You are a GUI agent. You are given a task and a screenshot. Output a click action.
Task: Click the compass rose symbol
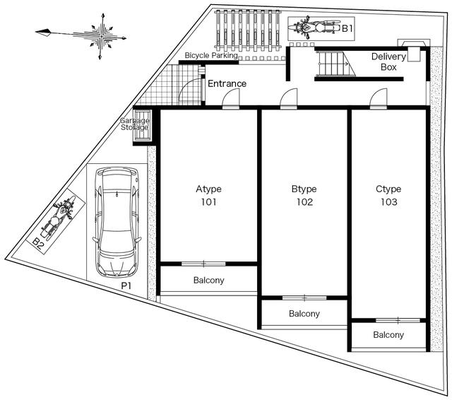[x=100, y=36]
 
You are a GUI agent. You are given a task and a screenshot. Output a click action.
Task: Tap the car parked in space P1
[x=117, y=222]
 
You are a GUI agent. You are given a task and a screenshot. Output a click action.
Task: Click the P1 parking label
[x=126, y=286]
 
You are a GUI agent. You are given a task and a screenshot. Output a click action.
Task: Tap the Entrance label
[x=227, y=83]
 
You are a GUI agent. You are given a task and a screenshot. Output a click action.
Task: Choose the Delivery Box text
[x=388, y=61]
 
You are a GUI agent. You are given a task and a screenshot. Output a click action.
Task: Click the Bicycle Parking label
[x=211, y=55]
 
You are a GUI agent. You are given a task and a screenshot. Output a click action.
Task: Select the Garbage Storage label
[x=135, y=124]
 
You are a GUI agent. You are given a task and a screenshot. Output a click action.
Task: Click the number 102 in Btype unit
[x=304, y=202]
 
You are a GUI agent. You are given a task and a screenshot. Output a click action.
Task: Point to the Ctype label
[x=388, y=189]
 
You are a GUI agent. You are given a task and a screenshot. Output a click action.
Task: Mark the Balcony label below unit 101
[x=209, y=280]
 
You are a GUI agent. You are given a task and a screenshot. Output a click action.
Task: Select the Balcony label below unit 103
[x=388, y=334]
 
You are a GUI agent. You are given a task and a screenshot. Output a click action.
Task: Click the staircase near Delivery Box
[x=336, y=64]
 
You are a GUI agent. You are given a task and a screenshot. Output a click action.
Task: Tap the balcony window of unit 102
[x=304, y=298]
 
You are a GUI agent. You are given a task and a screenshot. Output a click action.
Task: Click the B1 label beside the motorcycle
[x=347, y=28]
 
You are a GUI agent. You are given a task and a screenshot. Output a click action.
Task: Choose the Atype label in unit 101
[x=209, y=189]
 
